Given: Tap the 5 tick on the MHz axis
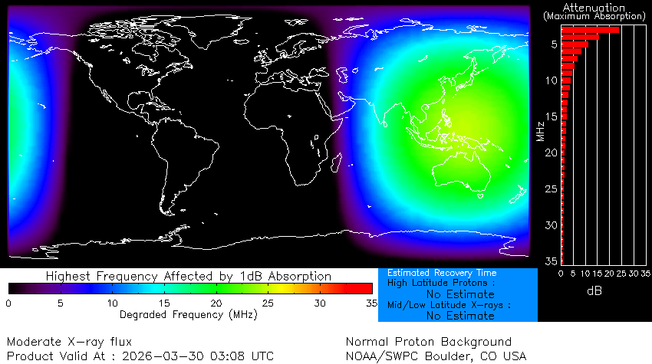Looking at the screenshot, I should tap(552, 44).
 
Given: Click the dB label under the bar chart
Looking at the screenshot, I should tap(594, 291).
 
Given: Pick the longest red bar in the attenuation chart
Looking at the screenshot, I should tap(590, 30).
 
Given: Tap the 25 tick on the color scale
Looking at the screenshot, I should tap(268, 303).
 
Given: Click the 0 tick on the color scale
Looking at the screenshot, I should tap(8, 303).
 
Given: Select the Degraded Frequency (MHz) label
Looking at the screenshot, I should tap(188, 314).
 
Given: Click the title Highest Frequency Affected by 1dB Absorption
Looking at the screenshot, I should tap(188, 276).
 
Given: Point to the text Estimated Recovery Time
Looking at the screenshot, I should tap(442, 273).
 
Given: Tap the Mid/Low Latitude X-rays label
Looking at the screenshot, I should tap(449, 305).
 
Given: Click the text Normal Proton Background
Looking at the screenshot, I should tap(428, 341).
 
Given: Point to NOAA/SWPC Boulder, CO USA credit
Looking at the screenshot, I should tap(436, 356).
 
